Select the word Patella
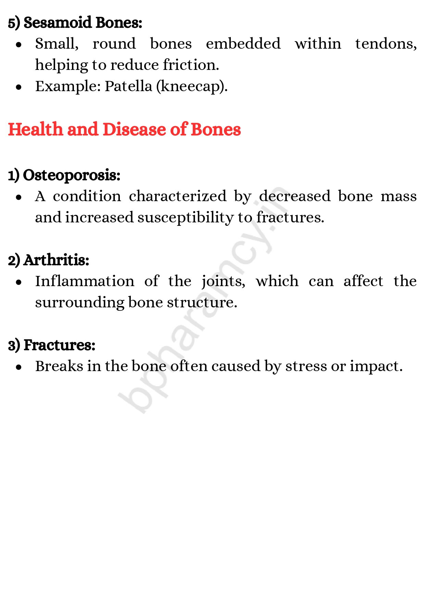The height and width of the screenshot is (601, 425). tap(128, 86)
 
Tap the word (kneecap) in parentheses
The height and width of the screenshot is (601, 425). tap(192, 86)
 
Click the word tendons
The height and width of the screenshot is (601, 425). tap(386, 44)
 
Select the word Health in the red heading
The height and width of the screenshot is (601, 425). tap(35, 130)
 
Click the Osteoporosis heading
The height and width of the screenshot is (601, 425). tap(71, 175)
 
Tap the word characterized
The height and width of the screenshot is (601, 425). tap(177, 196)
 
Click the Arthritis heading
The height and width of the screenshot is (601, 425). tap(56, 260)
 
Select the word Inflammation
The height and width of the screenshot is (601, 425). tap(85, 281)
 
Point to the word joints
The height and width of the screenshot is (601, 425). tap(223, 282)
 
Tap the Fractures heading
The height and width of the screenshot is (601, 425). tap(59, 345)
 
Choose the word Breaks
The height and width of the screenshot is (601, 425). tap(59, 366)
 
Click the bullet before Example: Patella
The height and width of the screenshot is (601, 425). tap(19, 87)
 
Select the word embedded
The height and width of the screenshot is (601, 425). tap(243, 44)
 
